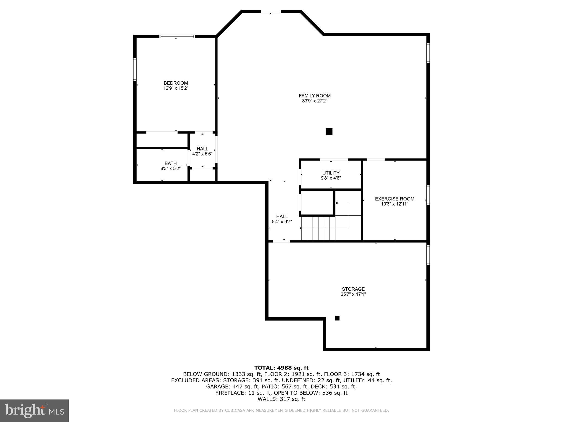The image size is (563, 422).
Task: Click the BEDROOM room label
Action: coord(176,83)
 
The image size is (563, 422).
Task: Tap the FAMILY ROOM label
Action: coord(314,96)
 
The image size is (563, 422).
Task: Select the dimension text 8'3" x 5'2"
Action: coord(170,169)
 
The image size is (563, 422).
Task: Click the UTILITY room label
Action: coord(331,173)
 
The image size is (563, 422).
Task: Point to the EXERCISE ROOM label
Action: coord(394,199)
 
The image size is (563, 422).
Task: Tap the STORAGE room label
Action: coord(353,289)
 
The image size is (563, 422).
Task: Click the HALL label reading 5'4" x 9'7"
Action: coord(282,219)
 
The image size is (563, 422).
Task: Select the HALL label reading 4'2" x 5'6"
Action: coord(202,151)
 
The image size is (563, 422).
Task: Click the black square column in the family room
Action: coord(329,132)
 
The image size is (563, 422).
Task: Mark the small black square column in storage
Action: coord(337,318)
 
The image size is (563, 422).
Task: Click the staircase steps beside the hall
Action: coord(318,228)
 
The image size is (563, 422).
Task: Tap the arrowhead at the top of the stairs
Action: coord(336,203)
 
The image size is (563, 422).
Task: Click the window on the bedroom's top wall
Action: coord(177,36)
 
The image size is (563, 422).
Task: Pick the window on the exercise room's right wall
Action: coord(428,195)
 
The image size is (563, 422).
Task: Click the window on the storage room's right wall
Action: coord(428,255)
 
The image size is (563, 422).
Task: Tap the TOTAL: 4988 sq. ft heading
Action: coord(281,368)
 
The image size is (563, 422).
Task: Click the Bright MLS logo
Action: coord(34,410)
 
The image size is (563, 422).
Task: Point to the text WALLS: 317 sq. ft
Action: coord(281,399)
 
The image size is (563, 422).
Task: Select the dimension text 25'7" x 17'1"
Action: coord(353,294)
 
